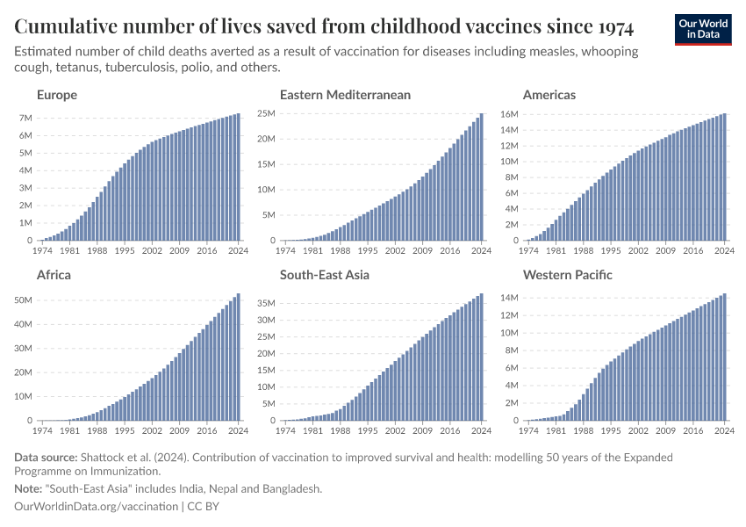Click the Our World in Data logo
[702, 29]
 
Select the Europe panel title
[57, 95]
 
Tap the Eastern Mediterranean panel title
[345, 95]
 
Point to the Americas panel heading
[549, 95]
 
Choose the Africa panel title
[54, 275]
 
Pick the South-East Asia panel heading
[325, 275]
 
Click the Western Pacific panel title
[568, 275]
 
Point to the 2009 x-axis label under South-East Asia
[422, 431]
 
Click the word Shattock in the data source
[104, 458]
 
